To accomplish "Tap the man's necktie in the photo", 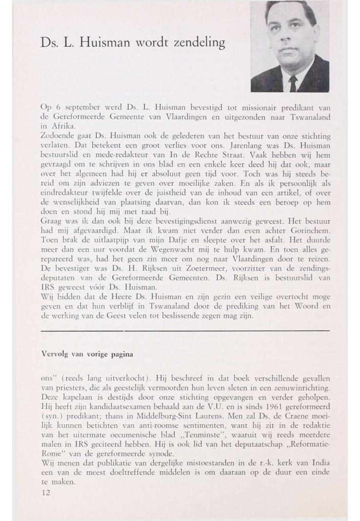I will click(x=293, y=84).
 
